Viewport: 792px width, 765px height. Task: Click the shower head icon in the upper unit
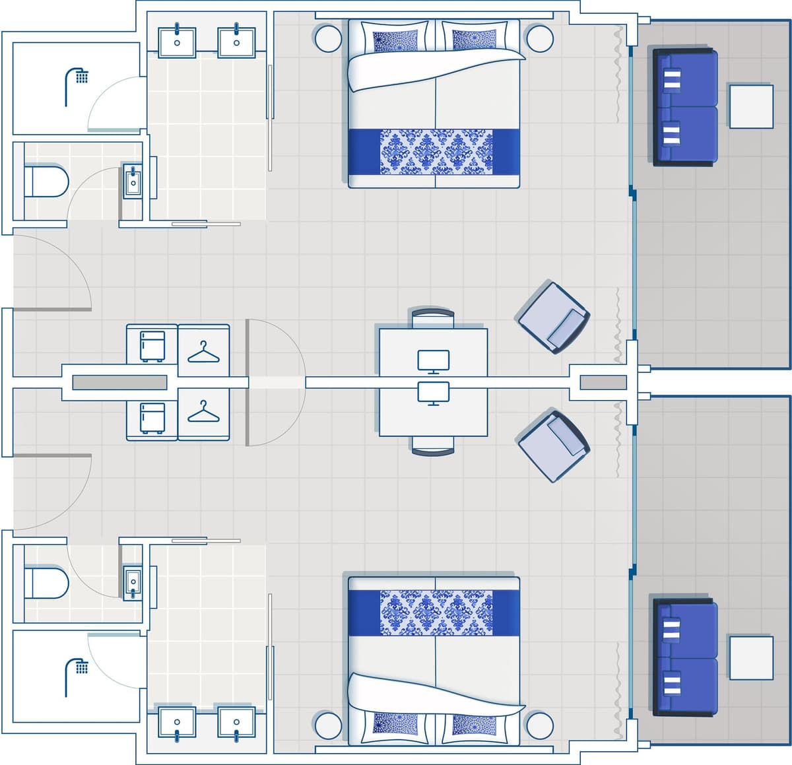(76, 85)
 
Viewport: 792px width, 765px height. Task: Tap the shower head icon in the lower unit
(76, 676)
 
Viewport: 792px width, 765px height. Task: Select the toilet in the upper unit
(46, 182)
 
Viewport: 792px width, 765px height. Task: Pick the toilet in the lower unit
(46, 583)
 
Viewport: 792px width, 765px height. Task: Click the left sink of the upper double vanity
(177, 41)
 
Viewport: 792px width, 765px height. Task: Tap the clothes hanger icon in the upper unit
(203, 351)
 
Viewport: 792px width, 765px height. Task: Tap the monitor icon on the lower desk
(434, 393)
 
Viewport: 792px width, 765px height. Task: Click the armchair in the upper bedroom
(553, 318)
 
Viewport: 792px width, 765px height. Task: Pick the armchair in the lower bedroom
(553, 446)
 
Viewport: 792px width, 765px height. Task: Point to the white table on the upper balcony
(751, 106)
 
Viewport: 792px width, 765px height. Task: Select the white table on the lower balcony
(751, 657)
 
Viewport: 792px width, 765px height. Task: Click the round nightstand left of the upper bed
(328, 38)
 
